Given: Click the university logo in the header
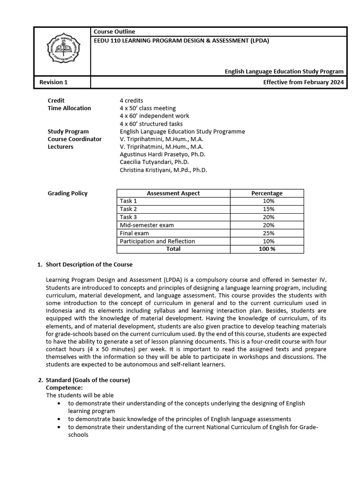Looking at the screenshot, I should [62, 48].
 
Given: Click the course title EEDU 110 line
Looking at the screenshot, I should [181, 40].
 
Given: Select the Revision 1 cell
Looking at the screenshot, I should [54, 82].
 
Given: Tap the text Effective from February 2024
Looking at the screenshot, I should [303, 82].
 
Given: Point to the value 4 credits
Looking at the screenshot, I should [132, 100].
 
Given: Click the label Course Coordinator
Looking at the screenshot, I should [75, 139].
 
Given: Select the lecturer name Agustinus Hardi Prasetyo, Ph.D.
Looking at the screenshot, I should [163, 154].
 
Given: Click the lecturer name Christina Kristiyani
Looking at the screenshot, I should [163, 170].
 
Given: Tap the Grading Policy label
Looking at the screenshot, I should [68, 193].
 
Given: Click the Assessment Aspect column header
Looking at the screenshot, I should [173, 193].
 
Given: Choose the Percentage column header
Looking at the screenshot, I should [267, 193].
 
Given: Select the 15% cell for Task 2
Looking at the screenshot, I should [267, 209].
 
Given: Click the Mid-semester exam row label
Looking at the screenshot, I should [147, 225].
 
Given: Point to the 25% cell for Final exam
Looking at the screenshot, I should [267, 233].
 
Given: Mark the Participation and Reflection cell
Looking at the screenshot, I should [157, 241].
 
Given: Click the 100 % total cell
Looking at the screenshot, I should [267, 249].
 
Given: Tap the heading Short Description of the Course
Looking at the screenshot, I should [89, 265].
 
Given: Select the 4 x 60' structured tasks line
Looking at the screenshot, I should [151, 124].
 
